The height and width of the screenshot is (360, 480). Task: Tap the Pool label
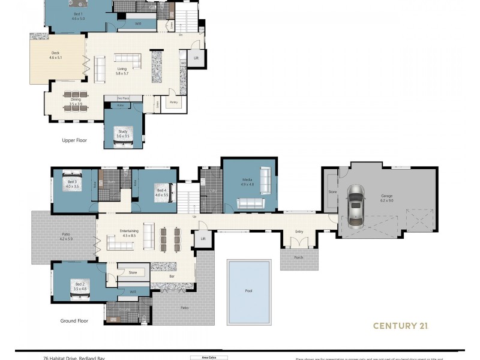click(249, 290)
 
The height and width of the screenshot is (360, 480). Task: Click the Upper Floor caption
click(74, 140)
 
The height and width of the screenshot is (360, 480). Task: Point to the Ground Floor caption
click(74, 321)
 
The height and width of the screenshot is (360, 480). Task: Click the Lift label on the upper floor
click(196, 58)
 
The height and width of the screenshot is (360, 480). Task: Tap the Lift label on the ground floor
click(203, 238)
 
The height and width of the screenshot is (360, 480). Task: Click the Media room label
click(247, 181)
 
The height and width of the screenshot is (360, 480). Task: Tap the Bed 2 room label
click(80, 286)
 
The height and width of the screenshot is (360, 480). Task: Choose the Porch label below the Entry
click(299, 257)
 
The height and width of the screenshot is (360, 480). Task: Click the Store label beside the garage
click(332, 192)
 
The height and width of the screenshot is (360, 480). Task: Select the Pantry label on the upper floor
click(174, 102)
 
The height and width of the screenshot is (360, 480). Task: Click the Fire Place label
click(123, 97)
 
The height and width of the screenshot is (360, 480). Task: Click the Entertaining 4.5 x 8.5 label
click(130, 233)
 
